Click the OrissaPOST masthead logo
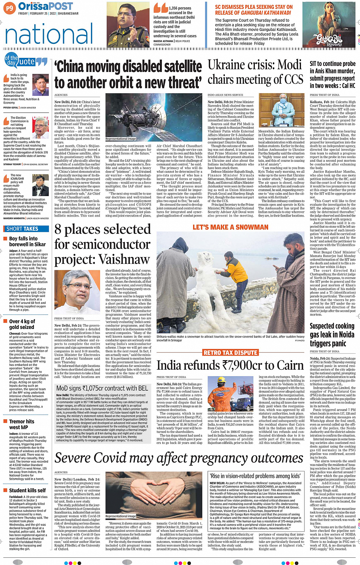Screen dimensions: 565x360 pos(45,6)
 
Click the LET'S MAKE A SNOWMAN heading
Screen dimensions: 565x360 pos(230,227)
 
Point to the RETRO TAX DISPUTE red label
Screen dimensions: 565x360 pos(230,353)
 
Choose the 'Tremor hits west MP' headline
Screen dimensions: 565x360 pos(21,424)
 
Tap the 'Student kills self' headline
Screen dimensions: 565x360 pos(27,490)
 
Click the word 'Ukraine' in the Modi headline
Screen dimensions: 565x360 pos(231,65)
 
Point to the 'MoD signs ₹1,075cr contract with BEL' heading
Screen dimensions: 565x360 pos(102,388)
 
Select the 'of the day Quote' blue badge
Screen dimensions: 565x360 pos(26,61)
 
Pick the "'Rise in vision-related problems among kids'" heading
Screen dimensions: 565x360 pos(255,476)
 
